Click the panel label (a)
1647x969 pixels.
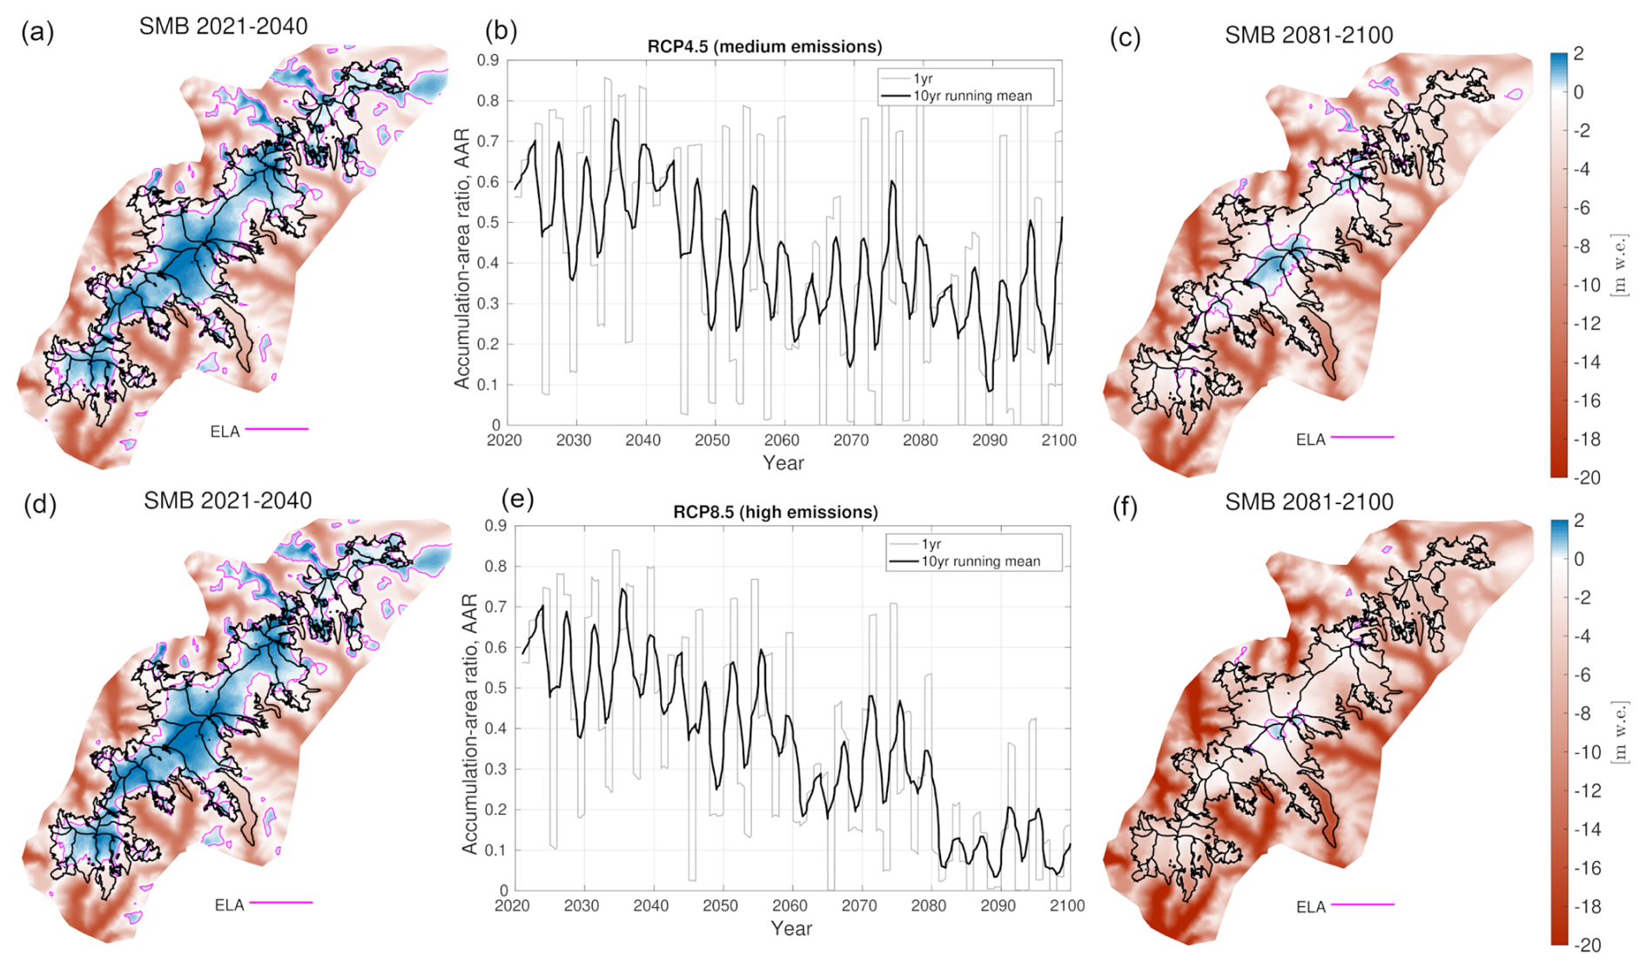tap(37, 33)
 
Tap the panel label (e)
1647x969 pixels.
tap(518, 499)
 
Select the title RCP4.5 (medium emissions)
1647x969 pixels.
tap(764, 46)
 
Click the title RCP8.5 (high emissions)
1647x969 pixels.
tap(776, 512)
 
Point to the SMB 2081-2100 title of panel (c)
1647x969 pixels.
tap(1308, 36)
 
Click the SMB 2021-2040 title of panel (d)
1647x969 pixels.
tap(227, 501)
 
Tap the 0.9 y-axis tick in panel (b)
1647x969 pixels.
tap(487, 61)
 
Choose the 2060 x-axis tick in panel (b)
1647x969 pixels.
tap(782, 441)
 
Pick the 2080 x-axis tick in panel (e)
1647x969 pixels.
tap(929, 906)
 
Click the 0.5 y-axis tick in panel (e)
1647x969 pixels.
tap(496, 689)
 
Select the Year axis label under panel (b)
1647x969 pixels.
tap(783, 463)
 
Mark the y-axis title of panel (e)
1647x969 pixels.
tap(469, 723)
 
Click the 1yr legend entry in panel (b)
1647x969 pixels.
tap(923, 78)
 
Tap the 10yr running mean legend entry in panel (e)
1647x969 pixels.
tap(980, 562)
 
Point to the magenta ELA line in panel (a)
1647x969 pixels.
tap(277, 429)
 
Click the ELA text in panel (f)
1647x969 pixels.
tap(1310, 907)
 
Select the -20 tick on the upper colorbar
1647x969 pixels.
tap(1590, 477)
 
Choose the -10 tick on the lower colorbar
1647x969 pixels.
tap(1590, 752)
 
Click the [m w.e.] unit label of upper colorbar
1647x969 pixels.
tap(1619, 265)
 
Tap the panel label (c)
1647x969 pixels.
tap(1126, 38)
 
